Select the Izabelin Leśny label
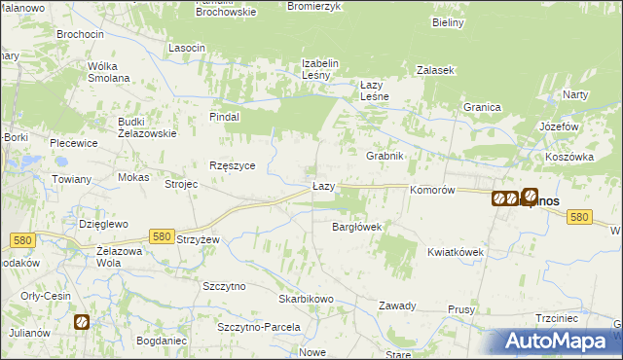click(319, 69)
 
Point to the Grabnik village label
click(384, 156)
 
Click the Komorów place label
click(433, 191)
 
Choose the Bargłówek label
click(356, 227)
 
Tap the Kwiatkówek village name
click(455, 251)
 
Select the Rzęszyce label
click(233, 165)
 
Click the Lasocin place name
click(186, 48)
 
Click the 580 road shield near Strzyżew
click(162, 235)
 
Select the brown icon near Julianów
click(82, 321)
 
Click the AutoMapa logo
click(561, 341)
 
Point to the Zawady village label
click(398, 306)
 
